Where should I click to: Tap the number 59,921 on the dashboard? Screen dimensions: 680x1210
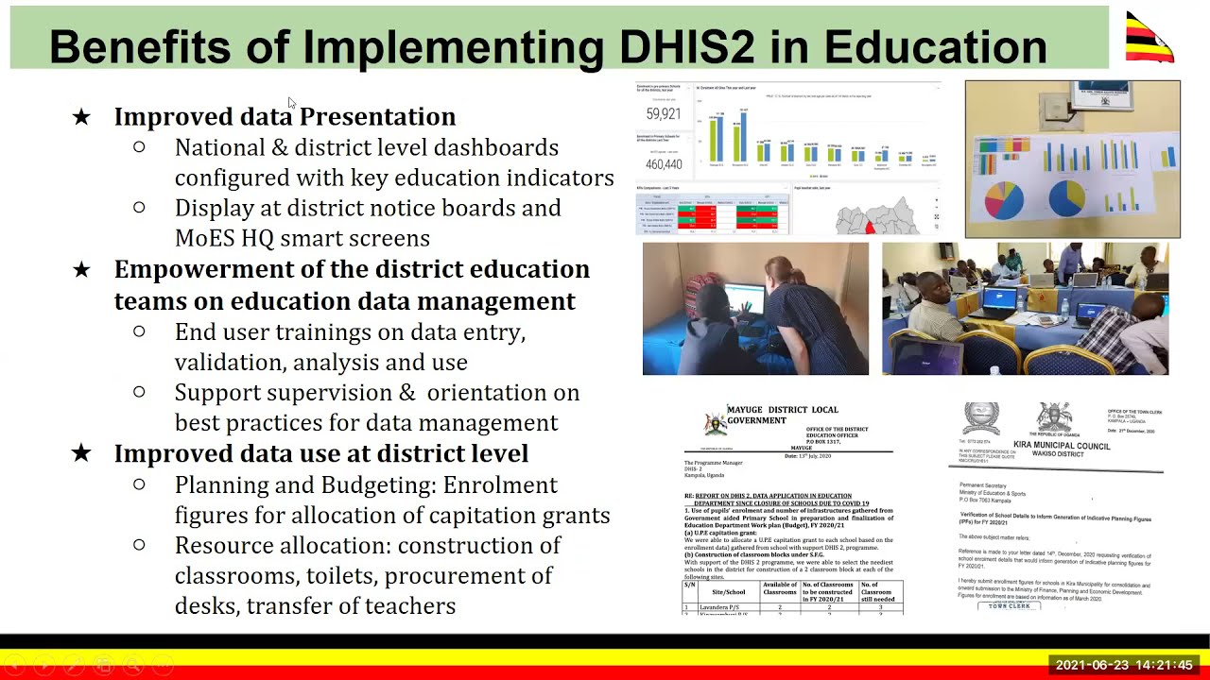(x=663, y=114)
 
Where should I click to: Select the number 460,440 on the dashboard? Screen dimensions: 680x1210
(x=663, y=164)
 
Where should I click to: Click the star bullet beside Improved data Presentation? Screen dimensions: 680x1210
(x=81, y=117)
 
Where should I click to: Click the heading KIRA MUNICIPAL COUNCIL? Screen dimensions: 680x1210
(x=1062, y=445)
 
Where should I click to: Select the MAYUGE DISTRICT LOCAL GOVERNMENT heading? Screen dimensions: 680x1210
(x=782, y=415)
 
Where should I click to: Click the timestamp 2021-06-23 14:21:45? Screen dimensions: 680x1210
(x=1124, y=666)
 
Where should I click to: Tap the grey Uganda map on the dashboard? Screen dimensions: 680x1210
(x=878, y=217)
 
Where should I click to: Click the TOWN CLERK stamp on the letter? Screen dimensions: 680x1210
(x=1010, y=605)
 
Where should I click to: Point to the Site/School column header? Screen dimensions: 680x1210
(x=728, y=592)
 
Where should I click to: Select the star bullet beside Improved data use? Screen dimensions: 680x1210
(x=81, y=454)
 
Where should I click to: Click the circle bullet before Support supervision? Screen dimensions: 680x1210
(x=140, y=392)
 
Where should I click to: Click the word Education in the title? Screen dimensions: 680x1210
(x=935, y=46)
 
